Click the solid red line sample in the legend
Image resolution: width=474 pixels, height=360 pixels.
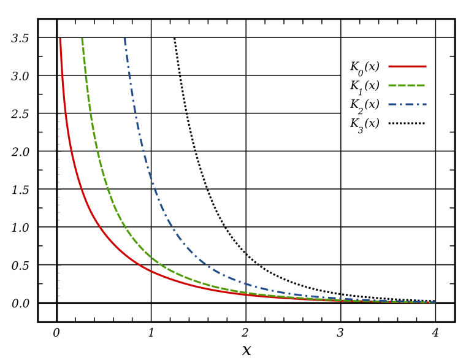[407, 66]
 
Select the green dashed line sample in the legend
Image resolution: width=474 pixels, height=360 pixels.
[407, 85]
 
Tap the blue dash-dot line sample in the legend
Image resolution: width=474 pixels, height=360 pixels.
[407, 104]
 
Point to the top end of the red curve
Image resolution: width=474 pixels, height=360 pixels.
[60, 40]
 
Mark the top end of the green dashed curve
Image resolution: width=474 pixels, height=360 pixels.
[82, 40]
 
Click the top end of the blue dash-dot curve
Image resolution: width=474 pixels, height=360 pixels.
[124, 40]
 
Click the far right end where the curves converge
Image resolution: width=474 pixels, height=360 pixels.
[434, 302]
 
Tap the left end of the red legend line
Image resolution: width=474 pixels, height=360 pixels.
[389, 66]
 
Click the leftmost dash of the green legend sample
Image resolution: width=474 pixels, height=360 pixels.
[392, 85]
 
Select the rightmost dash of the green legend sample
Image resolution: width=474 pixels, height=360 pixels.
[421, 85]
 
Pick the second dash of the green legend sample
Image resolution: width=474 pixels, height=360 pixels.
[402, 85]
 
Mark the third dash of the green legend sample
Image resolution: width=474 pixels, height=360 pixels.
[412, 85]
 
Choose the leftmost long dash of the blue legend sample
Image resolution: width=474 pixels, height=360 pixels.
[392, 104]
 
